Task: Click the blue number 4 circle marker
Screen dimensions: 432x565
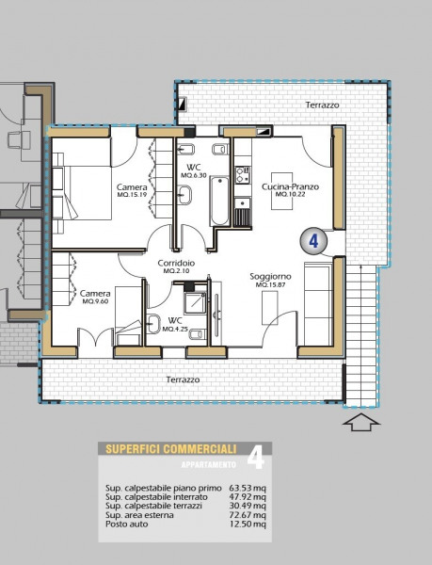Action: tap(313, 241)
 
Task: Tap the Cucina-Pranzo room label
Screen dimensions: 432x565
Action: tap(290, 186)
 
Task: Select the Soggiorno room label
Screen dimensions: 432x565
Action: tap(270, 277)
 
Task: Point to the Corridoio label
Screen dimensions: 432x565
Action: tap(176, 264)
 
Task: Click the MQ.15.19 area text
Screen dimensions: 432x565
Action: tap(132, 195)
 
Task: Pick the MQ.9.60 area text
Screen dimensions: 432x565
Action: tap(95, 301)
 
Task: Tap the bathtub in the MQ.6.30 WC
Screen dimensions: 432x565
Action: tap(219, 201)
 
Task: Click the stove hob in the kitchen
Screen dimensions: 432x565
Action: tap(243, 175)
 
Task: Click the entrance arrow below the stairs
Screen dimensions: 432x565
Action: tap(361, 422)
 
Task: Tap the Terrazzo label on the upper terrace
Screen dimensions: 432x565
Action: tap(322, 105)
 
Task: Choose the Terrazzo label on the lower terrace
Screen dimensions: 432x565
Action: tap(183, 379)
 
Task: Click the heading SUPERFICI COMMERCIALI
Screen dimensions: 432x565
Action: tap(171, 449)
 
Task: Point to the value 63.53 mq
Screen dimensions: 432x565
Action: tap(248, 488)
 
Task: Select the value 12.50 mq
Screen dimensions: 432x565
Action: tap(248, 524)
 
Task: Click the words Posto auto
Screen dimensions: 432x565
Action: tap(127, 524)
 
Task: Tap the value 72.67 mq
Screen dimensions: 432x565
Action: tap(248, 515)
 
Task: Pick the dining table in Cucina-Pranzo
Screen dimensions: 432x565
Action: tap(281, 191)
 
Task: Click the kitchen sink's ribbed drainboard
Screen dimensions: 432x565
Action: tap(243, 218)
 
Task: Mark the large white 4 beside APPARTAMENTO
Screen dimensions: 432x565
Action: tap(256, 458)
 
